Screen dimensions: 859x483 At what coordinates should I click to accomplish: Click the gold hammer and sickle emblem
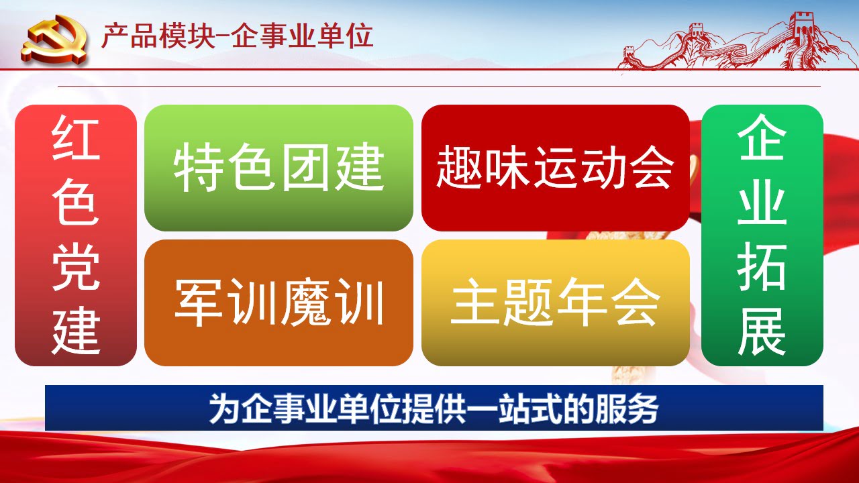click(54, 40)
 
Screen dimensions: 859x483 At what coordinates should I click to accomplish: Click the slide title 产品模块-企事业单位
click(238, 36)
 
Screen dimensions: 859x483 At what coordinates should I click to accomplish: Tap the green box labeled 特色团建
click(279, 168)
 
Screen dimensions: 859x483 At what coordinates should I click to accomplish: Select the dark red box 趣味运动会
click(555, 168)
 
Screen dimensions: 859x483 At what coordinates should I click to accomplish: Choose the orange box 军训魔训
click(279, 303)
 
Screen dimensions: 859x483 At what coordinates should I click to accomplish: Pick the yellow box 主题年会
click(555, 303)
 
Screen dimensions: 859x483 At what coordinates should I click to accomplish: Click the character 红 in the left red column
click(76, 138)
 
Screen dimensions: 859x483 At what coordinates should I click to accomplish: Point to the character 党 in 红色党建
click(76, 267)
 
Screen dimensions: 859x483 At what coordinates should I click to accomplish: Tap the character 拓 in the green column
click(762, 266)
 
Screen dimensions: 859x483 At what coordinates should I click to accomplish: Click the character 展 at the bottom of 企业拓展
click(762, 331)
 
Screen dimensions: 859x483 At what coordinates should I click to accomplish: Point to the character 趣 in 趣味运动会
click(460, 167)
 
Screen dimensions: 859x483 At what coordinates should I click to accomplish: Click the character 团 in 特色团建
click(305, 167)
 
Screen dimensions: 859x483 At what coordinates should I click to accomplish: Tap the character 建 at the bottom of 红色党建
click(76, 332)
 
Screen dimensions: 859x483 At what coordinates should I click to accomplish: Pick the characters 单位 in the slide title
click(346, 36)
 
